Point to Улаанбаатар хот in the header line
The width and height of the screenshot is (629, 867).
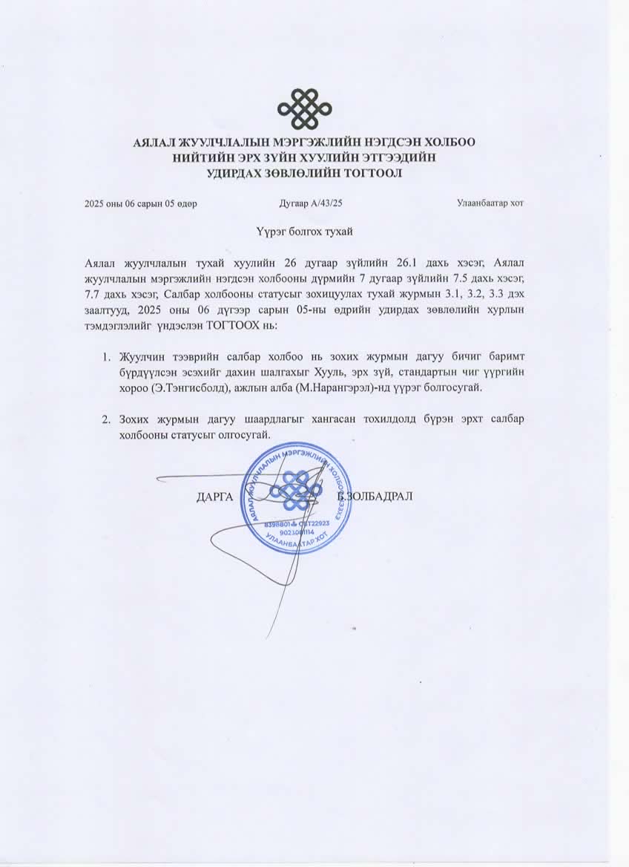pos(491,203)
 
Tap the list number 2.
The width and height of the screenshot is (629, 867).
pos(107,419)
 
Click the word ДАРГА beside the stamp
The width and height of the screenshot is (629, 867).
pos(215,496)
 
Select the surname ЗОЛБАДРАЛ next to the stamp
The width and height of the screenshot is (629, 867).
pos(380,496)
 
